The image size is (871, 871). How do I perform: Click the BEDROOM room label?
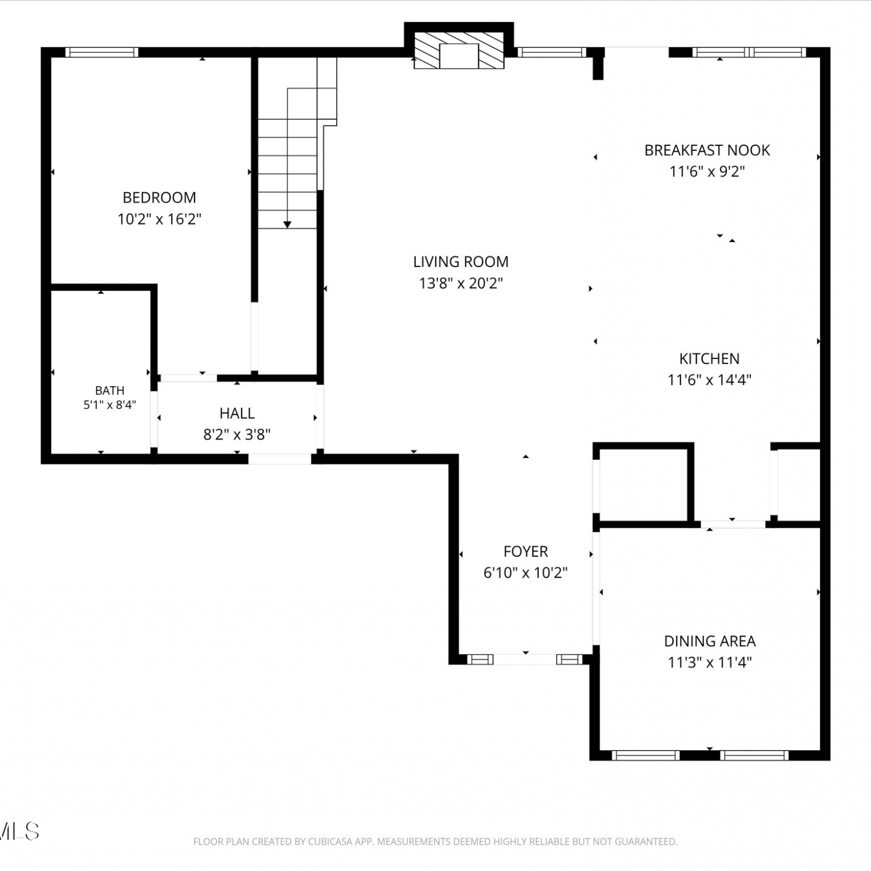coord(159,197)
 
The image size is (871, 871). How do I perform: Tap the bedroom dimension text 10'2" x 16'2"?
coord(159,219)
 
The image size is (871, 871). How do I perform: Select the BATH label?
coord(110,390)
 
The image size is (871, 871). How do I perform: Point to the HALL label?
coord(237,413)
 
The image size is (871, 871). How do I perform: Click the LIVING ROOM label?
coord(461,262)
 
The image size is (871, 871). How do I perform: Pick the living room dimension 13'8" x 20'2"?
coord(461,283)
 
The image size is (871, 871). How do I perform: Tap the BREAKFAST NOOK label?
coord(707,150)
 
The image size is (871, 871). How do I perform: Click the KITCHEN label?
coord(710,359)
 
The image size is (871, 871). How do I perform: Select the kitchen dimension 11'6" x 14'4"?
coord(710,380)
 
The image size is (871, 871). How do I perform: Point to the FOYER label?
coord(526,552)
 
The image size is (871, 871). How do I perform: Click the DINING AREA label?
coord(710,641)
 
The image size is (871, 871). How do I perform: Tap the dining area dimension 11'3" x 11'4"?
coord(710,663)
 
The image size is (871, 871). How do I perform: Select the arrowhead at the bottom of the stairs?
coord(287,224)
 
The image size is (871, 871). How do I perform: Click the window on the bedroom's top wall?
coord(102,52)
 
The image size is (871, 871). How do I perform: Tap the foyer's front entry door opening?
coord(525,659)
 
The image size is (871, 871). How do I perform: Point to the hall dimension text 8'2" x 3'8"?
coord(237,435)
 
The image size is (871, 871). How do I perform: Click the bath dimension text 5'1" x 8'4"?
coord(110,405)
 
